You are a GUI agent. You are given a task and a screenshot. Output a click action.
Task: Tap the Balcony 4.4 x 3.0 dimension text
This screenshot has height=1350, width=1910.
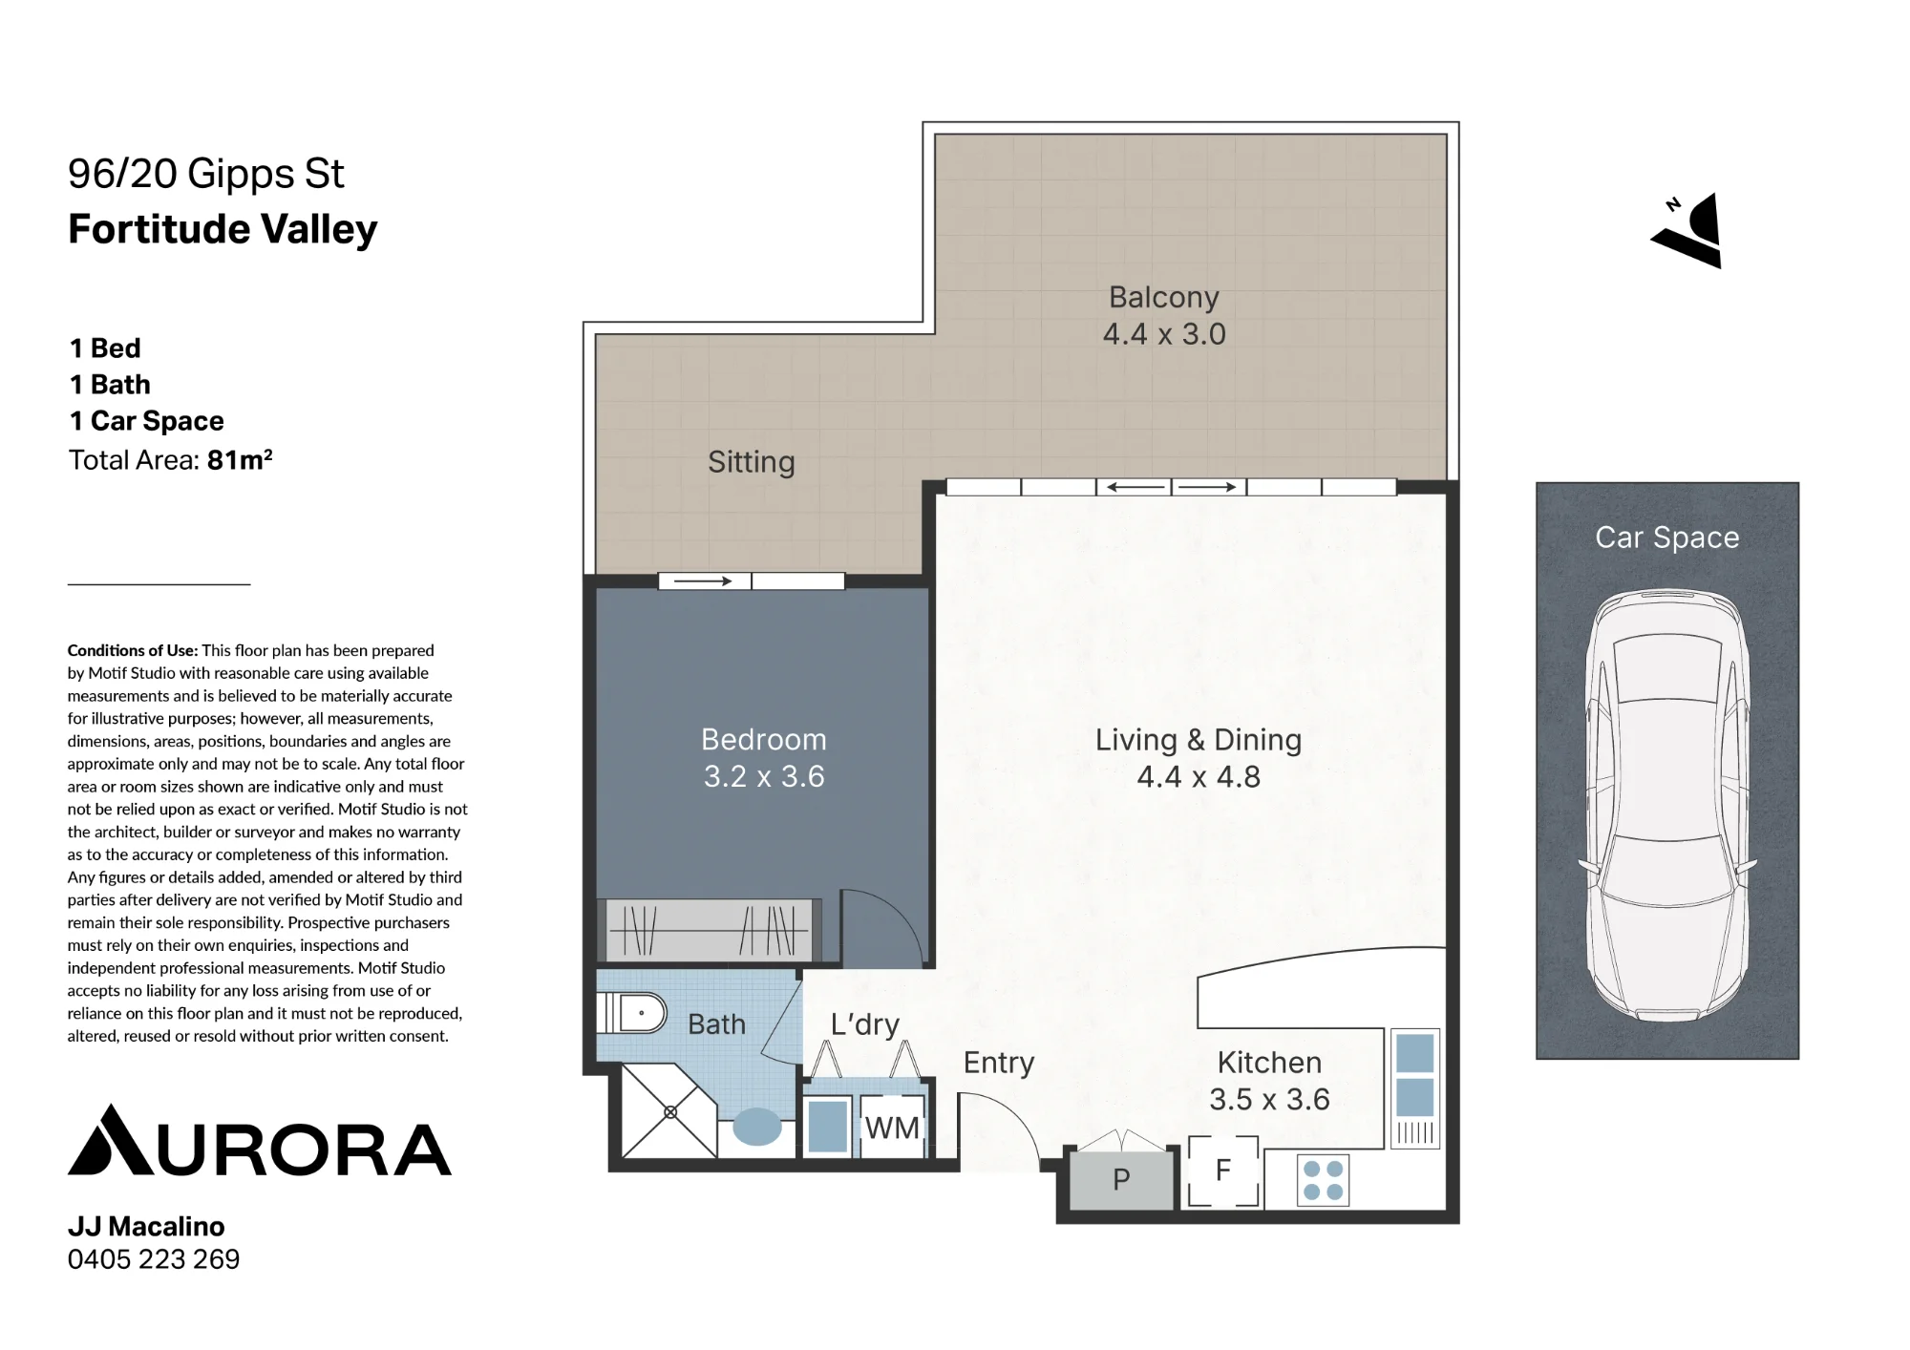point(1164,334)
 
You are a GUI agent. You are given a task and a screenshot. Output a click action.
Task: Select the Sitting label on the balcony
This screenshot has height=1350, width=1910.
point(752,462)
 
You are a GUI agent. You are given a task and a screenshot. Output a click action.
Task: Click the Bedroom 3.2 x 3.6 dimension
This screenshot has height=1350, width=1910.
point(764,776)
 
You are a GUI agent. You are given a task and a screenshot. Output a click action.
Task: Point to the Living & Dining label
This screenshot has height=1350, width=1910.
point(1199,740)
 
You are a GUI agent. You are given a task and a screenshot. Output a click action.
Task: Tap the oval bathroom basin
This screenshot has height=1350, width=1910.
point(757,1127)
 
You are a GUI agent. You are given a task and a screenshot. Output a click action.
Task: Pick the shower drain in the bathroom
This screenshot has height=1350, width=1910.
point(670,1112)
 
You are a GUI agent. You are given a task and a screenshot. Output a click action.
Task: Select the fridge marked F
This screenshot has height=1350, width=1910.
point(1223,1171)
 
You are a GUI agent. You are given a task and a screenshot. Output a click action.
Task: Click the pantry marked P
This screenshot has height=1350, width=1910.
point(1121,1180)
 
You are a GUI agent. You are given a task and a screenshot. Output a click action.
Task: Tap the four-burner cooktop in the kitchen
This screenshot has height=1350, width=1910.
point(1324,1181)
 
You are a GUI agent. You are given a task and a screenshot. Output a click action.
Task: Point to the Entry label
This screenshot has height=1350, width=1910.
point(999,1063)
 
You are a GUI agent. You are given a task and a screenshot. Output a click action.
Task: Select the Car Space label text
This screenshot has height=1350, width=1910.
point(1667,538)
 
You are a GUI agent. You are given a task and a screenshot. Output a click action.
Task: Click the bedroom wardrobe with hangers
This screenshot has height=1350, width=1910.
point(710,930)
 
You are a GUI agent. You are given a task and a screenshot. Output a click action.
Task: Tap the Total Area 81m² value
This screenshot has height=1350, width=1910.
point(240,459)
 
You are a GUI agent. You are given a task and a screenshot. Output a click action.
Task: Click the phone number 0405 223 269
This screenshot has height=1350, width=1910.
point(154,1259)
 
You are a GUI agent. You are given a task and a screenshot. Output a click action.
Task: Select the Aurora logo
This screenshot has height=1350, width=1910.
point(260,1140)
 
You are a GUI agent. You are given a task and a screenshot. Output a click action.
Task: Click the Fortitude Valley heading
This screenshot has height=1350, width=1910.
point(223,230)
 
